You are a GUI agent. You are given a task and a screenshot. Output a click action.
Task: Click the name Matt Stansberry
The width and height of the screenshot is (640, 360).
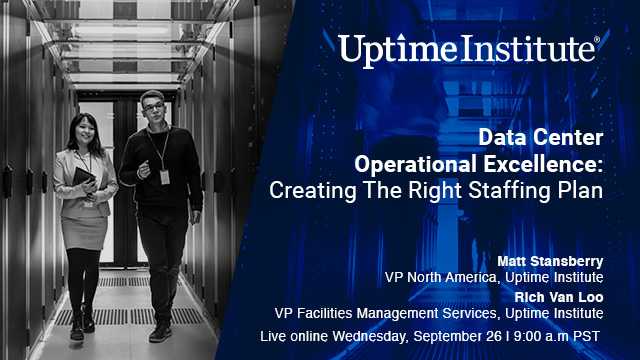(553, 259)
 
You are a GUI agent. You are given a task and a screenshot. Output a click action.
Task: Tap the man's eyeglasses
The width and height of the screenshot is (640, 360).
(150, 105)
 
